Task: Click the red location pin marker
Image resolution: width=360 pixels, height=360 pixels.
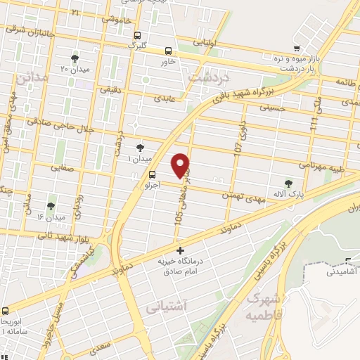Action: point(181,165)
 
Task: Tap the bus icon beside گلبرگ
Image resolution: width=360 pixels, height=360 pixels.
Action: point(138,35)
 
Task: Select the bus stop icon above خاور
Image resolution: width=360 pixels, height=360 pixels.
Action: point(168,51)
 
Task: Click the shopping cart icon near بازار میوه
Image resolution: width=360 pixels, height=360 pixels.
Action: point(298,48)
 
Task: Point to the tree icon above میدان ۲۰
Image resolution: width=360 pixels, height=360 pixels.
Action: point(75,58)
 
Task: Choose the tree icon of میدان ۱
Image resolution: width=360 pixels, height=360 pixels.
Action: point(140,147)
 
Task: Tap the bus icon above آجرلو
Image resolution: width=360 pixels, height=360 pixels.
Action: point(151,174)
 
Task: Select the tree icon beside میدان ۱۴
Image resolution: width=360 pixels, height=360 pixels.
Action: point(51,207)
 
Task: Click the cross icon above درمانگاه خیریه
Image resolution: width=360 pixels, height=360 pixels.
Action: point(180,250)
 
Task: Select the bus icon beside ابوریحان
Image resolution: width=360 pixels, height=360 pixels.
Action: point(6,310)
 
